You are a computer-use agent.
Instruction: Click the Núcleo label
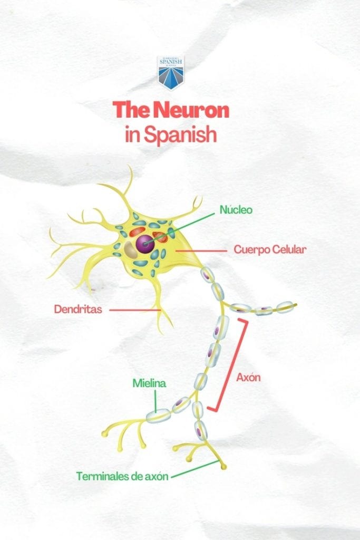pyautogui.click(x=236, y=210)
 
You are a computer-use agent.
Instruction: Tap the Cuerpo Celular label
pyautogui.click(x=269, y=249)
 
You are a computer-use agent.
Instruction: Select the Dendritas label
pyautogui.click(x=78, y=309)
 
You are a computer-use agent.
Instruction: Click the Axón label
pyautogui.click(x=249, y=378)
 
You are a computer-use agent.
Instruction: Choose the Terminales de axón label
pyautogui.click(x=122, y=476)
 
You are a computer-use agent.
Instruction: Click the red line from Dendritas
pyautogui.click(x=135, y=310)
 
